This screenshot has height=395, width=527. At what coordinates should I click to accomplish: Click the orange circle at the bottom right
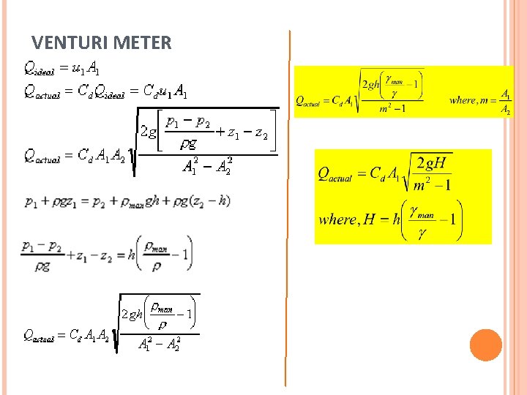click(x=486, y=345)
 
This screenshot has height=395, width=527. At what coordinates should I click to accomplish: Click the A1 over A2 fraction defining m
click(x=506, y=102)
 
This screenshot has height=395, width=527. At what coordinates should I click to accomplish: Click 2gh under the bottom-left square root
click(x=132, y=315)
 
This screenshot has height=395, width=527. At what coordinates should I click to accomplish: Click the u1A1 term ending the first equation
click(x=86, y=69)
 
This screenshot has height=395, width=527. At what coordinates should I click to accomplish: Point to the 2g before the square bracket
click(x=148, y=132)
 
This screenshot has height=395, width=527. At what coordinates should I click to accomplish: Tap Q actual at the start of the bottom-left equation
click(x=39, y=336)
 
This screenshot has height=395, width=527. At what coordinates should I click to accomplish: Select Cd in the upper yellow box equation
click(x=337, y=100)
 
